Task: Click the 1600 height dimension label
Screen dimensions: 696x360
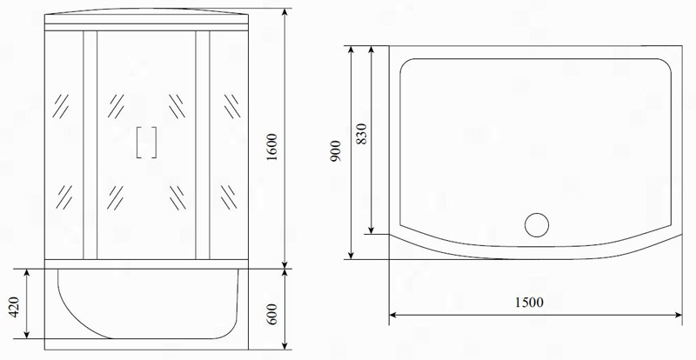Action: [x=272, y=146]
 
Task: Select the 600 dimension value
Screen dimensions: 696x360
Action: [x=272, y=314]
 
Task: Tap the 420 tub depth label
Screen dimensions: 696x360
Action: [x=14, y=307]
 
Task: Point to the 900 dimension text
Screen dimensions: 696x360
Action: [x=336, y=151]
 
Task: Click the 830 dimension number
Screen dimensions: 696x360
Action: [x=362, y=134]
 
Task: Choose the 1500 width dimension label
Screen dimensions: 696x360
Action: [x=529, y=303]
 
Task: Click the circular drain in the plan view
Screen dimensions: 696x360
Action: [x=537, y=225]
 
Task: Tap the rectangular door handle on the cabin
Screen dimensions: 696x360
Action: [x=146, y=143]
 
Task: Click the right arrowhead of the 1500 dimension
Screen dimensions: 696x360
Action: [x=679, y=315]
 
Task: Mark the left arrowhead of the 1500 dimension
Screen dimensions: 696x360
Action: [x=393, y=315]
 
